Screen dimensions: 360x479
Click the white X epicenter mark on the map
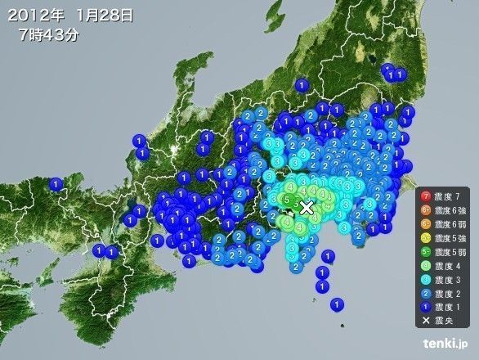click(307, 207)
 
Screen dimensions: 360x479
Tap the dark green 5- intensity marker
click(283, 199)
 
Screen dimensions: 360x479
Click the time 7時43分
click(49, 35)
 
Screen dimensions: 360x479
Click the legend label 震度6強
click(451, 209)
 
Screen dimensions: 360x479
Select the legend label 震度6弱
click(451, 223)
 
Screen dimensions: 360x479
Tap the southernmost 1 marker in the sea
click(336, 304)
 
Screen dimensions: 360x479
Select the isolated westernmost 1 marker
click(56, 184)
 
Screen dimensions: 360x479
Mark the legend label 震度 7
click(450, 196)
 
